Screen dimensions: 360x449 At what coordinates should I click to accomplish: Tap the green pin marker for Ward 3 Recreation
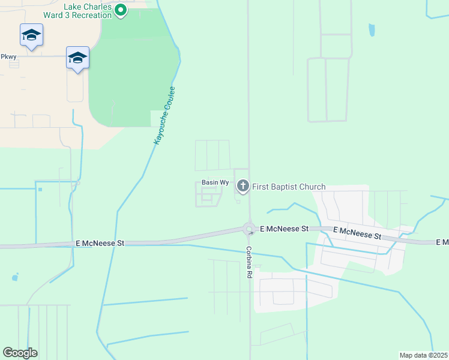point(121,10)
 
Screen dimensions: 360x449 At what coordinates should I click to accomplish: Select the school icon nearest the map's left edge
point(31,35)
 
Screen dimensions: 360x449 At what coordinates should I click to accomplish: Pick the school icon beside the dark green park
point(77,58)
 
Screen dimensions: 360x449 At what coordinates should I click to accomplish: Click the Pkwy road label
point(8,56)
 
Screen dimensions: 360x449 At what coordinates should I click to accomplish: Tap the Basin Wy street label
point(215,182)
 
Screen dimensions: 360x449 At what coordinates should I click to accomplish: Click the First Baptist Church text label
point(289,187)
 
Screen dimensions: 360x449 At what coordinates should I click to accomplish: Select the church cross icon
point(243,187)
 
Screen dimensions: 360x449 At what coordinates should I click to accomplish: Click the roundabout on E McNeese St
point(249,229)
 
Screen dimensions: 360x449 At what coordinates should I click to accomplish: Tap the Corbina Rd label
point(249,263)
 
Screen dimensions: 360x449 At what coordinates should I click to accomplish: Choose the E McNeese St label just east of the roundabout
point(284,229)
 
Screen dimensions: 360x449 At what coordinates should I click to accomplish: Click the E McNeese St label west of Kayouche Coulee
point(100,243)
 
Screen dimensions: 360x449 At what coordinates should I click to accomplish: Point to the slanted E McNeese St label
point(357,233)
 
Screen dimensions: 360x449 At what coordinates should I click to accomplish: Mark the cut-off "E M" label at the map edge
point(442,242)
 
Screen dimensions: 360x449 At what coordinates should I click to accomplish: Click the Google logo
point(20,353)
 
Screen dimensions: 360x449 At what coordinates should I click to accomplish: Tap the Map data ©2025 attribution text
point(423,355)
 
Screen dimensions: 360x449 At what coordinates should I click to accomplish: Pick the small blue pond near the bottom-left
point(14,278)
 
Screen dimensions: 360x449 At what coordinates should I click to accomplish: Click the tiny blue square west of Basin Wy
point(40,190)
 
